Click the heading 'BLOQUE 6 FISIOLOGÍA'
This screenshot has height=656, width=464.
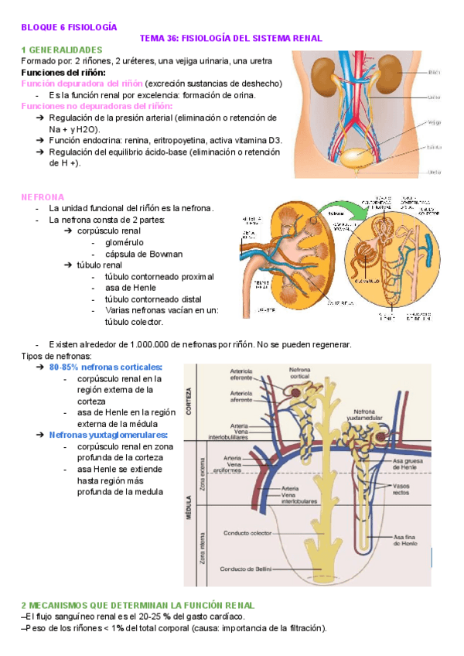click(69, 26)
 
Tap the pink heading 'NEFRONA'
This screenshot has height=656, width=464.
click(43, 197)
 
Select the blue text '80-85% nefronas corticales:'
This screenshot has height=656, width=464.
click(105, 367)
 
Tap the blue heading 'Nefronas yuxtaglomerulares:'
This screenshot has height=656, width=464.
click(108, 436)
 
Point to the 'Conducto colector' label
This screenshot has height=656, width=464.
click(247, 533)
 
